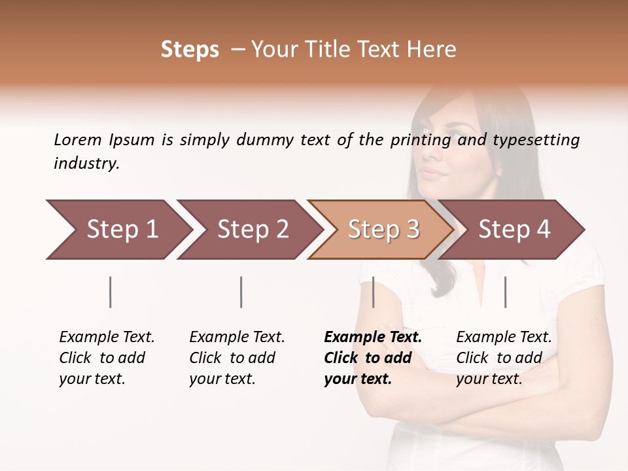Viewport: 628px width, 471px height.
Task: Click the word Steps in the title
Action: (x=190, y=50)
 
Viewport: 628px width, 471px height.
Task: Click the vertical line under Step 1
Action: (x=111, y=292)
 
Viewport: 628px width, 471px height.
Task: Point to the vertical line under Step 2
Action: (x=241, y=292)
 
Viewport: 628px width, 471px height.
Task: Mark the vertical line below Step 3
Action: (x=373, y=292)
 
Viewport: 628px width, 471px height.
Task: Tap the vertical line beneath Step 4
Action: (x=505, y=292)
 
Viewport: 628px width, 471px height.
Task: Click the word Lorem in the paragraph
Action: (x=78, y=140)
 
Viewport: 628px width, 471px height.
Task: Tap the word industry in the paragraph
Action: (x=86, y=164)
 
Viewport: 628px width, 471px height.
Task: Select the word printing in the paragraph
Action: (x=421, y=140)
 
